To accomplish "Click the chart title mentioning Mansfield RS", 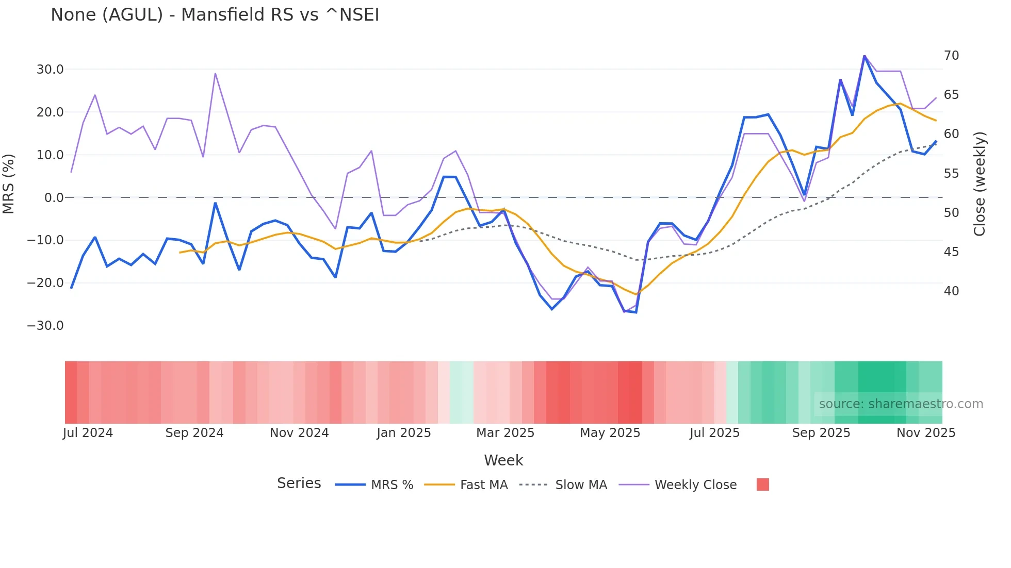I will pyautogui.click(x=215, y=15).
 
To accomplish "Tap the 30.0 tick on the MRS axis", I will pyautogui.click(x=50, y=70).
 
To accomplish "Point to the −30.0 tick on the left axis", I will pyautogui.click(x=45, y=326).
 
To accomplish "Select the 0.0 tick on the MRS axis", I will pyautogui.click(x=54, y=198).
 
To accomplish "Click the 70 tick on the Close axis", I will pyautogui.click(x=951, y=56).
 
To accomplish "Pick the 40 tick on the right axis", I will pyautogui.click(x=951, y=291).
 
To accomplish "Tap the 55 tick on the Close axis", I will pyautogui.click(x=951, y=174).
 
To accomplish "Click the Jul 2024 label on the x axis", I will pyautogui.click(x=88, y=433).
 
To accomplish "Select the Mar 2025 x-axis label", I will pyautogui.click(x=505, y=433).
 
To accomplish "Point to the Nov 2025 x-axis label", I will pyautogui.click(x=926, y=433).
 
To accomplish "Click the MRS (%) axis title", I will pyautogui.click(x=9, y=184).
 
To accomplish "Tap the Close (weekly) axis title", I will pyautogui.click(x=980, y=184).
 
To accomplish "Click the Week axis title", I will pyautogui.click(x=503, y=460).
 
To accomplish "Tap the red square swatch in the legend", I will pyautogui.click(x=762, y=485).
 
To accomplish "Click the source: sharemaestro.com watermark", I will pyautogui.click(x=901, y=404).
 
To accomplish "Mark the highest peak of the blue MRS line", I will pyautogui.click(x=865, y=56).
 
